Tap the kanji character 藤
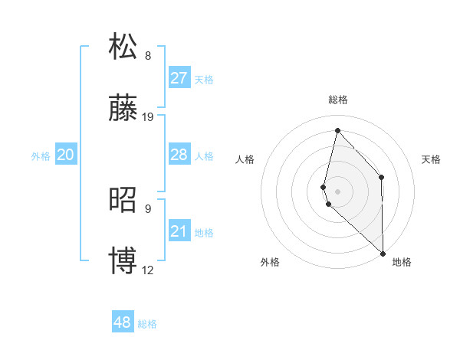123,110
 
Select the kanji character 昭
123,200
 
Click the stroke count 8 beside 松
148,56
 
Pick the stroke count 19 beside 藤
148,117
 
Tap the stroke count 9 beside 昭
148,208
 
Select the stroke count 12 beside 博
148,270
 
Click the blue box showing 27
179,78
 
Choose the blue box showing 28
179,155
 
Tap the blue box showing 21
179,231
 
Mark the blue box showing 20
65,155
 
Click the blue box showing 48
122,322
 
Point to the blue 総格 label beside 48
147,324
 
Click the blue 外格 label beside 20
41,156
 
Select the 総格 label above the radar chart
338,100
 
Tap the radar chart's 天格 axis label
431,159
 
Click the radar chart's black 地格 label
402,262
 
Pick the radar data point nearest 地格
383,253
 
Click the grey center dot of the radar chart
337,190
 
